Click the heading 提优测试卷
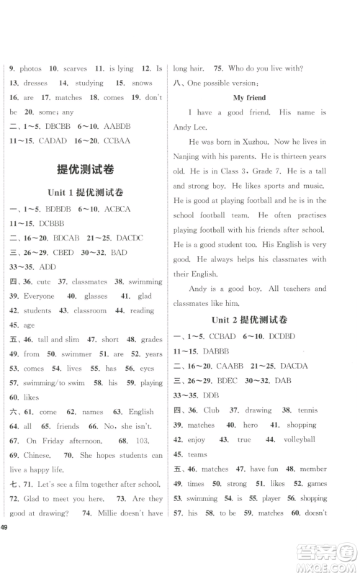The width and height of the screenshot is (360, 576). pos(89,170)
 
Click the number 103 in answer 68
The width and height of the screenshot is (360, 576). pos(141,440)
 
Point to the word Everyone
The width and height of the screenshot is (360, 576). pos(27,296)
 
